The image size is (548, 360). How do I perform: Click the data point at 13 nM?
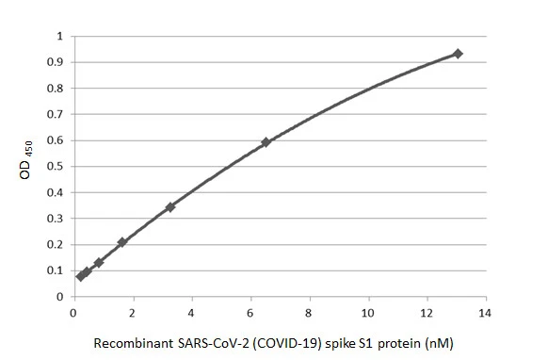(x=458, y=54)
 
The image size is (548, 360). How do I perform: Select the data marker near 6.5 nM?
(x=266, y=142)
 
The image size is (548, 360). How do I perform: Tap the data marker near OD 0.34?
(x=169, y=207)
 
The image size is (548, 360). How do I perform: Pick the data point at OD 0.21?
(x=121, y=242)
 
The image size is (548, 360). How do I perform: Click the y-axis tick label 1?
(x=59, y=36)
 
